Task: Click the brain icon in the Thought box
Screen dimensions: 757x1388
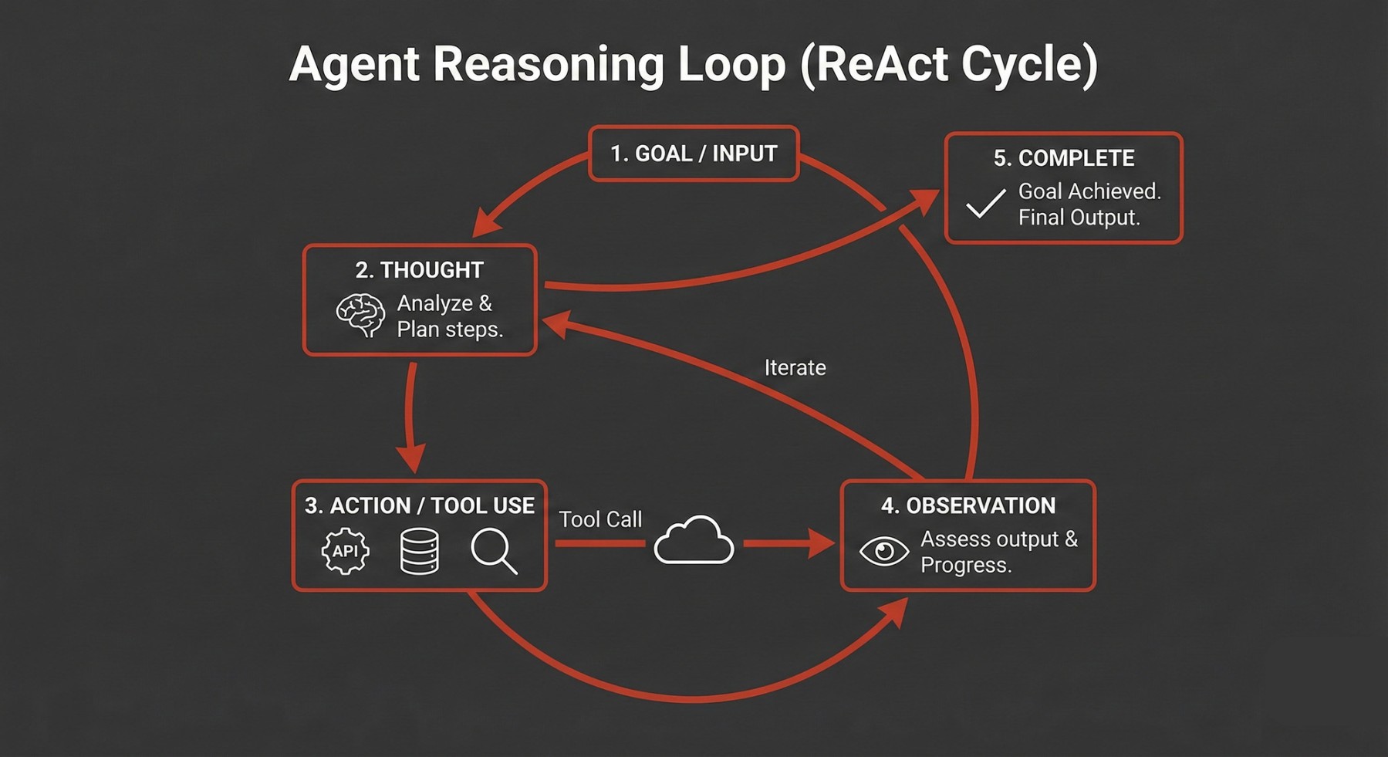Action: click(360, 315)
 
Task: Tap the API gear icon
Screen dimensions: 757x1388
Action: click(345, 551)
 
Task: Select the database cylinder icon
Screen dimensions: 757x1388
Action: click(420, 551)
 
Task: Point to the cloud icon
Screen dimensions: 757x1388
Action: click(694, 541)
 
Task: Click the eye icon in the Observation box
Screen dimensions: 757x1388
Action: click(884, 551)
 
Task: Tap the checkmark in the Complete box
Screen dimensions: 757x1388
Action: click(985, 204)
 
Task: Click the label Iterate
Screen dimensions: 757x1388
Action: click(795, 368)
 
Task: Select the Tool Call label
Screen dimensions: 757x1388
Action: click(600, 519)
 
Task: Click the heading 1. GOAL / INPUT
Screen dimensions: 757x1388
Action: click(694, 154)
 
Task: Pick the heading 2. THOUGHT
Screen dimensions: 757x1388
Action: click(420, 270)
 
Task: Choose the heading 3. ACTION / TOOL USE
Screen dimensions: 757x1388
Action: click(420, 506)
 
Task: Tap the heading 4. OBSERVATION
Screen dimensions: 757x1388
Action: click(968, 506)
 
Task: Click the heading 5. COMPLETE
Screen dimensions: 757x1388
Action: click(1064, 158)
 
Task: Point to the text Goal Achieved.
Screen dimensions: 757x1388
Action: click(1089, 191)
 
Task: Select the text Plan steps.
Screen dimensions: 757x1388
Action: click(450, 329)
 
